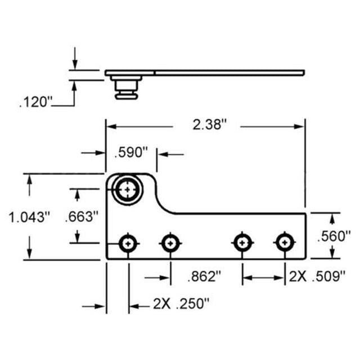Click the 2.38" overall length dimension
tap(208, 125)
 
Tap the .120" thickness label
tap(35, 103)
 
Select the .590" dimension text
tap(130, 152)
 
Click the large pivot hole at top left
tap(129, 189)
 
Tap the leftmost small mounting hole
tap(129, 243)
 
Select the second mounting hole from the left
tap(170, 243)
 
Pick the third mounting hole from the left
tap(242, 243)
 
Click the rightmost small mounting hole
tap(285, 243)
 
